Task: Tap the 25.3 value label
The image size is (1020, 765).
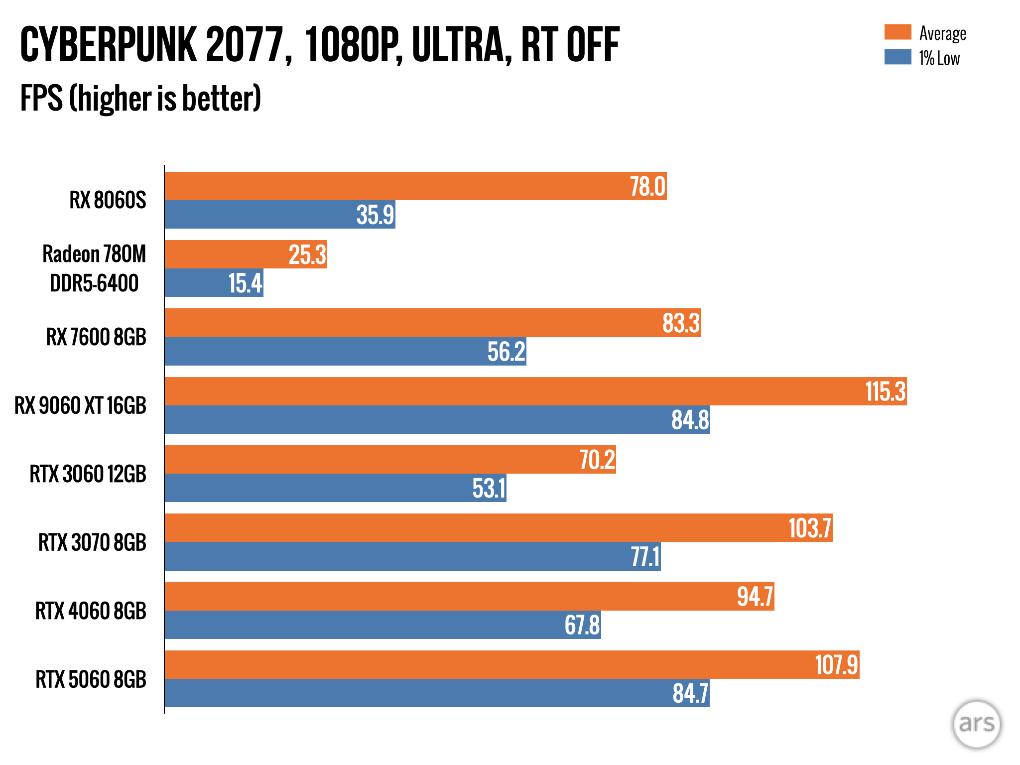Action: pos(307,255)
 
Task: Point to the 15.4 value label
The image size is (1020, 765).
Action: pos(245,283)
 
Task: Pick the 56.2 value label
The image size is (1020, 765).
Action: pos(506,352)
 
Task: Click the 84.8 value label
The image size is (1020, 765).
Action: pos(690,420)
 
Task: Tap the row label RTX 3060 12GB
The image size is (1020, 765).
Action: pos(88,474)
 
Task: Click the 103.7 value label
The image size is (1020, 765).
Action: pos(810,528)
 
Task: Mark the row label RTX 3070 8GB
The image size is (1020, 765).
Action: pos(92,542)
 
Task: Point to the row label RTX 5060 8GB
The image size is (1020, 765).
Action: pos(91,679)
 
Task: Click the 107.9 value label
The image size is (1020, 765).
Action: pos(836,665)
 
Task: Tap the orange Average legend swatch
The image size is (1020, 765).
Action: pos(897,32)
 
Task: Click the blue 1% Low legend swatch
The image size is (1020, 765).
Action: pos(897,57)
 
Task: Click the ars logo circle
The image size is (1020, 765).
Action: pos(976,724)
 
